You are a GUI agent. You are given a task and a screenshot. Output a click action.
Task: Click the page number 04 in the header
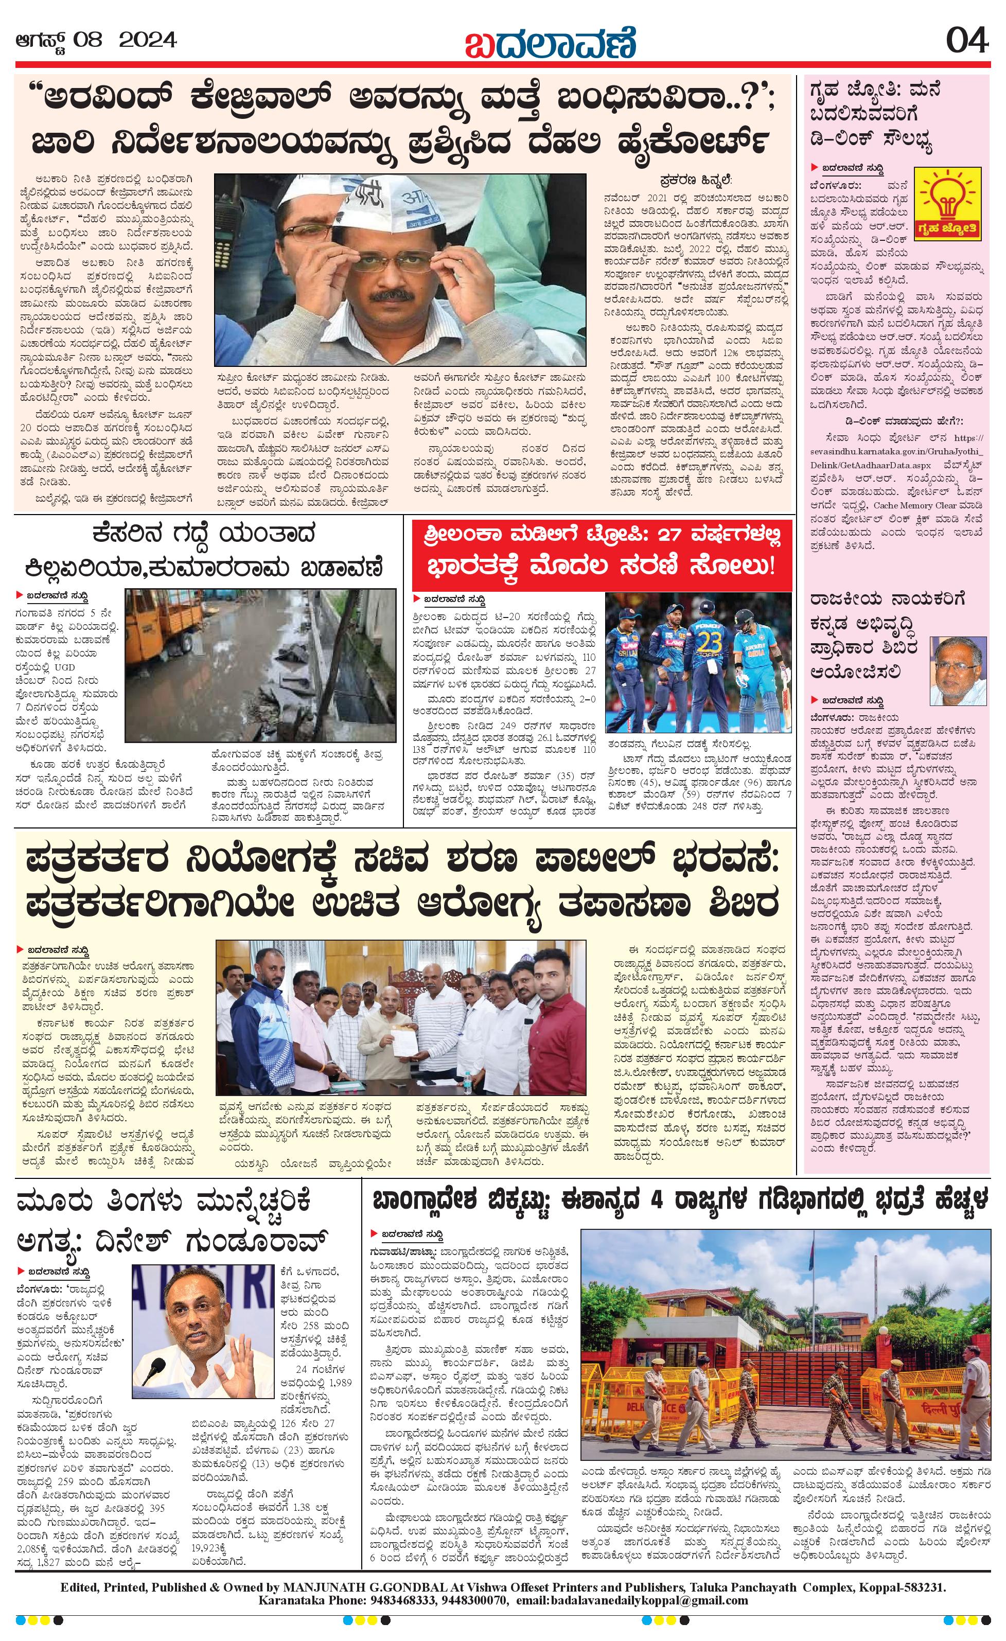coord(967,41)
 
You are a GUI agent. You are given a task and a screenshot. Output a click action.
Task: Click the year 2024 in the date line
coord(148,41)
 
